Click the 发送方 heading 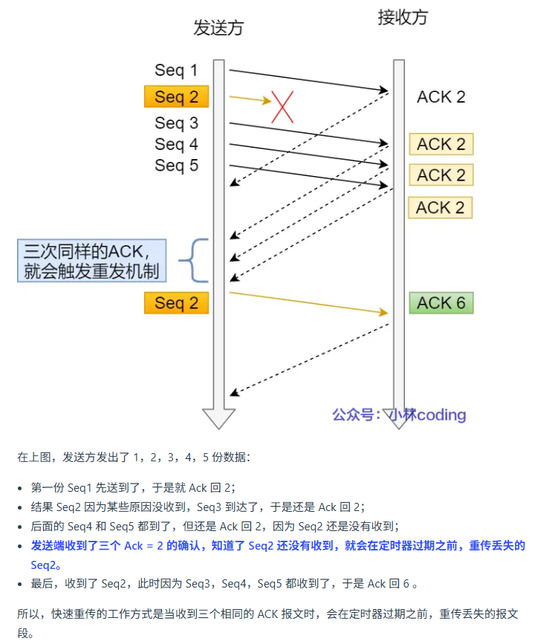click(x=218, y=28)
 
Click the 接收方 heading click(x=403, y=18)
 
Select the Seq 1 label click(x=176, y=71)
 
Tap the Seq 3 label click(x=176, y=123)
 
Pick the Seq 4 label click(x=176, y=144)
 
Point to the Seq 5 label click(x=176, y=165)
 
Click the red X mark click(x=282, y=106)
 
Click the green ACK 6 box click(x=441, y=303)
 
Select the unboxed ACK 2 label click(x=441, y=97)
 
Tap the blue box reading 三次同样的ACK click(x=92, y=260)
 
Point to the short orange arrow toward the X click(x=250, y=99)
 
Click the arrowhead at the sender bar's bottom click(x=218, y=417)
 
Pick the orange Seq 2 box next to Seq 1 click(x=176, y=97)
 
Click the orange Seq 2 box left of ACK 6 click(x=176, y=303)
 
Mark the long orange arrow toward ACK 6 click(x=308, y=303)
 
